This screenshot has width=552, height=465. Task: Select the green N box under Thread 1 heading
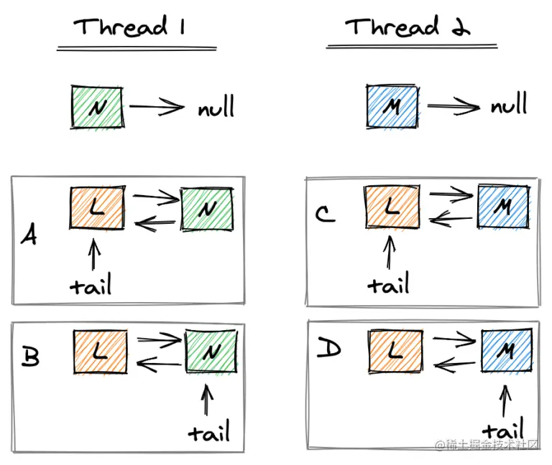click(x=98, y=107)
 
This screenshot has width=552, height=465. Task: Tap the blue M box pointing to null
click(x=392, y=107)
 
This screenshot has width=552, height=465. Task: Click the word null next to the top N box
click(x=216, y=109)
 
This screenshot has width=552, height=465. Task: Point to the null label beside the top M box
click(x=509, y=106)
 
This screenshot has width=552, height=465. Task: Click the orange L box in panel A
click(x=97, y=209)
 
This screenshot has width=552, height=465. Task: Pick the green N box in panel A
click(x=207, y=209)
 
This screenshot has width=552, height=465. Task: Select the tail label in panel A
click(x=91, y=286)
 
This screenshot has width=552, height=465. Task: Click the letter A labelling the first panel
click(x=29, y=235)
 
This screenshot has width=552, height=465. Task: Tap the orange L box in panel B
click(x=100, y=352)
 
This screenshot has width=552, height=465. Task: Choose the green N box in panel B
click(x=211, y=351)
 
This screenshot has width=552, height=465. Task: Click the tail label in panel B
click(x=209, y=432)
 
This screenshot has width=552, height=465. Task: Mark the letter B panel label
click(x=30, y=357)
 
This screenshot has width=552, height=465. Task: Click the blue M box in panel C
click(x=503, y=207)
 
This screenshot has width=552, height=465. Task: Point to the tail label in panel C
click(x=389, y=284)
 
